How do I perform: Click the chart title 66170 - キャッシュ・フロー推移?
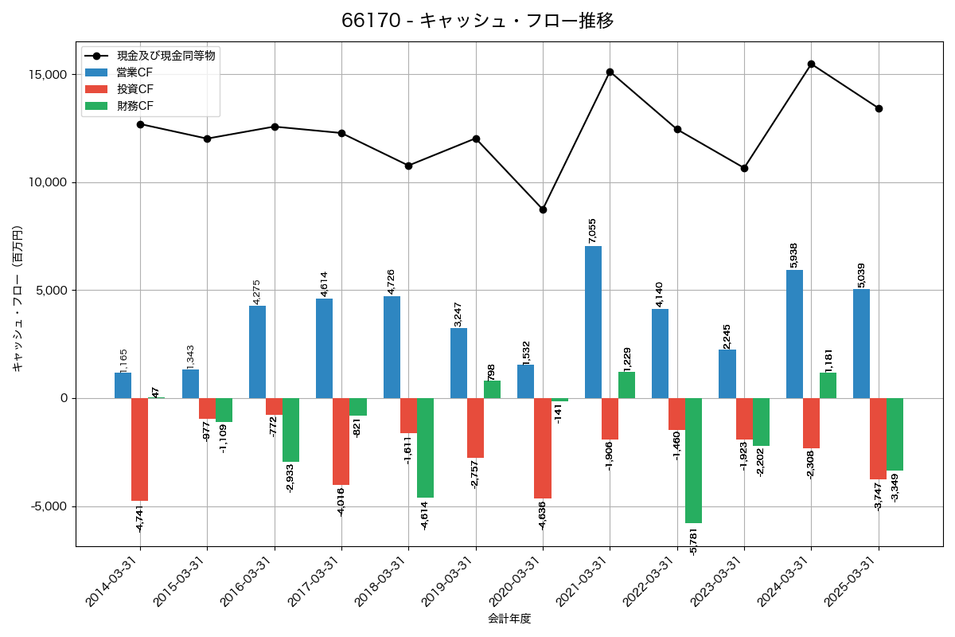click(477, 21)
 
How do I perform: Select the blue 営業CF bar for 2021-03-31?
click(593, 322)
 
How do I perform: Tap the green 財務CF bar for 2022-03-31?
click(693, 460)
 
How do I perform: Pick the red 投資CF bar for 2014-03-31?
click(139, 449)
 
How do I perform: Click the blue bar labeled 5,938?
click(794, 334)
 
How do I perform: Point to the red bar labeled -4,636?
click(543, 448)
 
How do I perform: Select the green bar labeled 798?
click(492, 389)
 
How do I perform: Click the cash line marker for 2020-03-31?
click(543, 209)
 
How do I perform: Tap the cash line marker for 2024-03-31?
click(811, 64)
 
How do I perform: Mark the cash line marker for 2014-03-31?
click(140, 124)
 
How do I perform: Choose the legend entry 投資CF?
click(135, 88)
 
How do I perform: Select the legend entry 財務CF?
click(135, 105)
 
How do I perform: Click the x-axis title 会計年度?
click(509, 619)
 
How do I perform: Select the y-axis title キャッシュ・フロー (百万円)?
click(18, 299)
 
